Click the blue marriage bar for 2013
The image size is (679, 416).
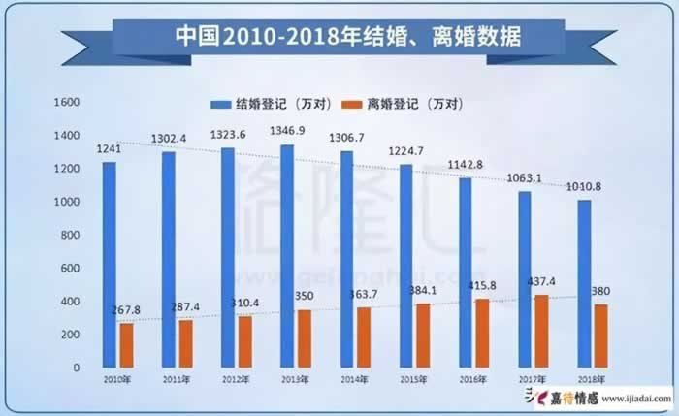[287, 256]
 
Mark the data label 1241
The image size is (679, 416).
[111, 148]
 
